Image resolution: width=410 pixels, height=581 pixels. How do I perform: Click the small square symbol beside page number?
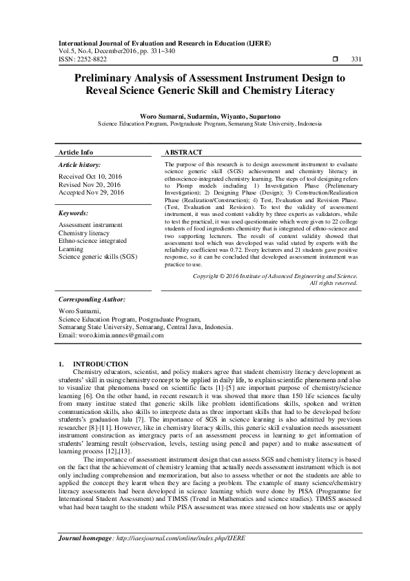click(336, 60)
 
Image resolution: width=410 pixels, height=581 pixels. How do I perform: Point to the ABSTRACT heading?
click(184, 152)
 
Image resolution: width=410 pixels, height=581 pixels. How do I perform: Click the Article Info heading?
click(76, 152)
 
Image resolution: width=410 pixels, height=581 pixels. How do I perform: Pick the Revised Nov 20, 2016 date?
click(89, 185)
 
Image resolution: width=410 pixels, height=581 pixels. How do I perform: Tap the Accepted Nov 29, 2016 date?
click(91, 193)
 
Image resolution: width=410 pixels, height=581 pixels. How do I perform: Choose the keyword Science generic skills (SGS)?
click(98, 257)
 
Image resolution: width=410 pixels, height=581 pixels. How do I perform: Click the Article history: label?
click(79, 166)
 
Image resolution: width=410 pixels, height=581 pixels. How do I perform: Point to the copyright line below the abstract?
click(275, 275)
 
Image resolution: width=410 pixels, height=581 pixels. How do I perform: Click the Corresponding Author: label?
click(92, 300)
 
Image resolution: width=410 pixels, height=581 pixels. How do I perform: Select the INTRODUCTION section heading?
click(100, 364)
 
